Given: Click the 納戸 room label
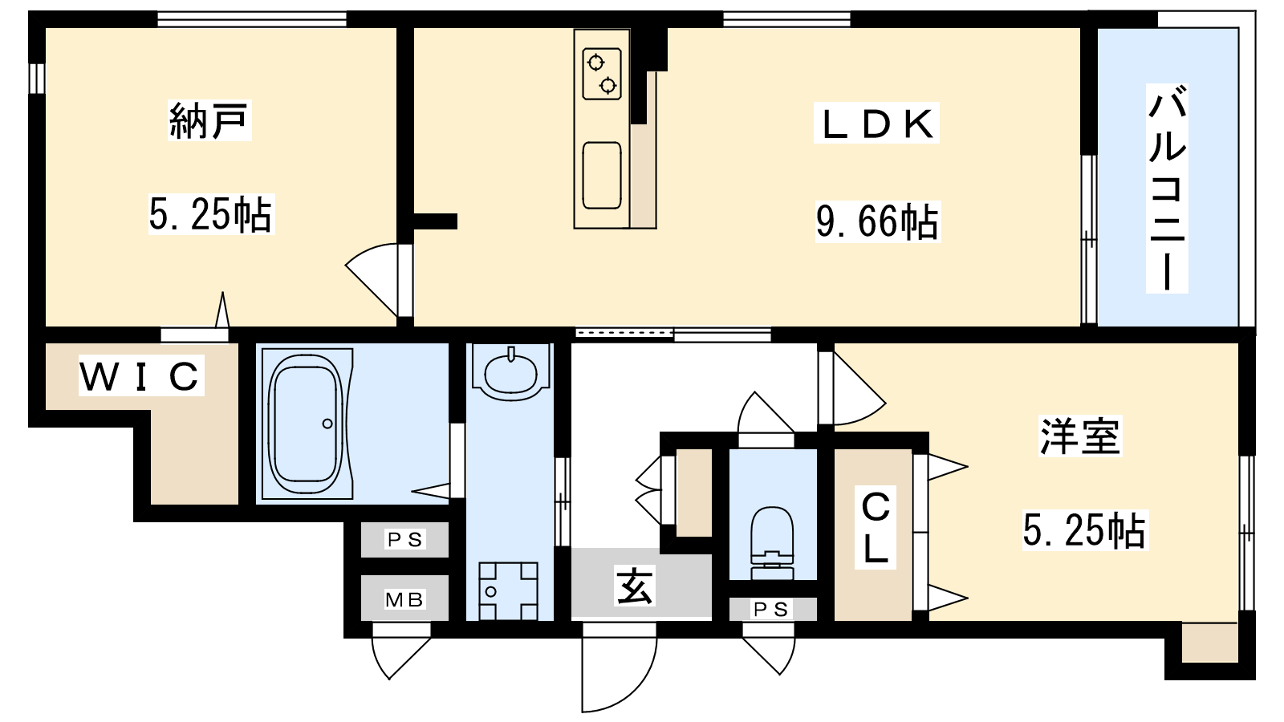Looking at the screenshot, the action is pos(209,121).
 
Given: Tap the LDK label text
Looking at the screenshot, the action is pos(876,124).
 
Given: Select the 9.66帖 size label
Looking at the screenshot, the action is pos(878,221).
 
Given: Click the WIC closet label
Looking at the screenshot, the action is pos(141,376).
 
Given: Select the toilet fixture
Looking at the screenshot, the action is pos(771,543).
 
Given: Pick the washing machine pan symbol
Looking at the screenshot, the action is pos(509,590).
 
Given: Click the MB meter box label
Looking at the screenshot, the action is pos(404,600).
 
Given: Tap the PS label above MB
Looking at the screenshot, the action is pos(405,539).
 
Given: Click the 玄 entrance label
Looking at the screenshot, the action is pos(634,585).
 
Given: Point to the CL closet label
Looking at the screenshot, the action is pos(876,527).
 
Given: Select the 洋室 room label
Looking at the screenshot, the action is pos(1080,436).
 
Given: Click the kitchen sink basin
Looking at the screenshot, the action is pos(602,176).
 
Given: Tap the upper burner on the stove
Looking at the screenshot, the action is pos(596,63).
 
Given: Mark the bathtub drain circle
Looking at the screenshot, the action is pos(327,424).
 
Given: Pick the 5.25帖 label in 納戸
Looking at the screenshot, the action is pos(212,214).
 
